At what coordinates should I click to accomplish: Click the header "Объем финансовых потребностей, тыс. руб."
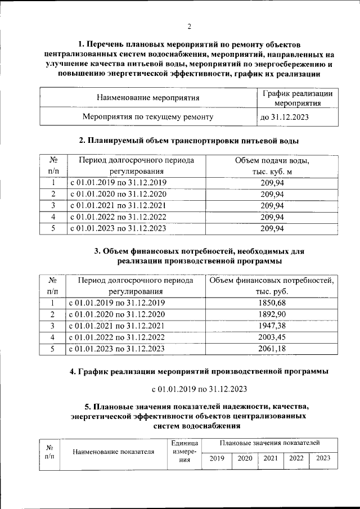coord(272,286)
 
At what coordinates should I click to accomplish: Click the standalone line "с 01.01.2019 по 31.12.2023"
coord(200,389)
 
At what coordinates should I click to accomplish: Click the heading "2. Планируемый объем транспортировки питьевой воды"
coord(188,140)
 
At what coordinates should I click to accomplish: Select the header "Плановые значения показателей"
coord(270,444)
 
